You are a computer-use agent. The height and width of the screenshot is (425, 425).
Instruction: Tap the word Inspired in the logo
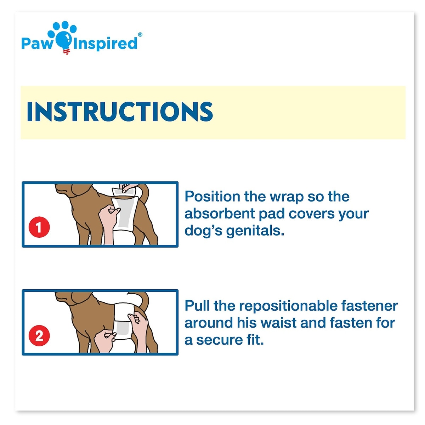[x=105, y=44]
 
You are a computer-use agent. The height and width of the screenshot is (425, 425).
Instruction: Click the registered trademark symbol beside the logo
[x=140, y=34]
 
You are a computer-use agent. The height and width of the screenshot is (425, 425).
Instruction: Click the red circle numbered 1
[x=39, y=227]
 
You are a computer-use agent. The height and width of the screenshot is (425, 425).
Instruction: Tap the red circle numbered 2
[x=39, y=335]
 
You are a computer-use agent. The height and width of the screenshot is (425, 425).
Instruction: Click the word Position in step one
[x=212, y=197]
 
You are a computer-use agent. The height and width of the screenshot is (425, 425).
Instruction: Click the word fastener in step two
[x=370, y=306]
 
